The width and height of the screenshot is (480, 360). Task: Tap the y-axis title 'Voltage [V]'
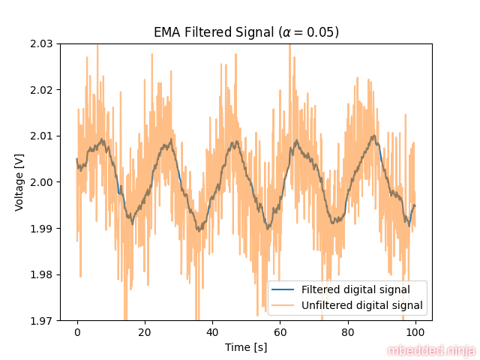point(19,182)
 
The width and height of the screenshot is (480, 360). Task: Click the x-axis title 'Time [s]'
point(246,347)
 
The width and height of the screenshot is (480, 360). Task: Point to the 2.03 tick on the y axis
point(42,43)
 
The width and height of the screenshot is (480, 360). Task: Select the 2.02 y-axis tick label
point(42,90)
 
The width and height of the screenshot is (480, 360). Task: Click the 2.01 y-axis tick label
point(42,136)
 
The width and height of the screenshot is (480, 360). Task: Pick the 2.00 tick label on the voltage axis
point(42,182)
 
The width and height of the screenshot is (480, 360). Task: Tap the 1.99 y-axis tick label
point(42,228)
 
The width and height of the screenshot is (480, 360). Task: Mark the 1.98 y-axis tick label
point(42,274)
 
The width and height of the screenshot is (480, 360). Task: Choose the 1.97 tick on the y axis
point(42,320)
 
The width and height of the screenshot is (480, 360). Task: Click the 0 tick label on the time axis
point(77,331)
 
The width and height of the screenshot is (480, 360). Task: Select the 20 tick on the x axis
point(145,331)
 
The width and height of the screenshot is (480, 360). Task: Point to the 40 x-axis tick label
point(212,331)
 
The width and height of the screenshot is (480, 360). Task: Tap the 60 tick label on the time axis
point(280,331)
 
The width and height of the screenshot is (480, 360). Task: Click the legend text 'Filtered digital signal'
point(355,289)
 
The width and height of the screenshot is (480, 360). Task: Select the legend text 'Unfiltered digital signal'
point(362,305)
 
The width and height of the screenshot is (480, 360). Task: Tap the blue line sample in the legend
point(284,289)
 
